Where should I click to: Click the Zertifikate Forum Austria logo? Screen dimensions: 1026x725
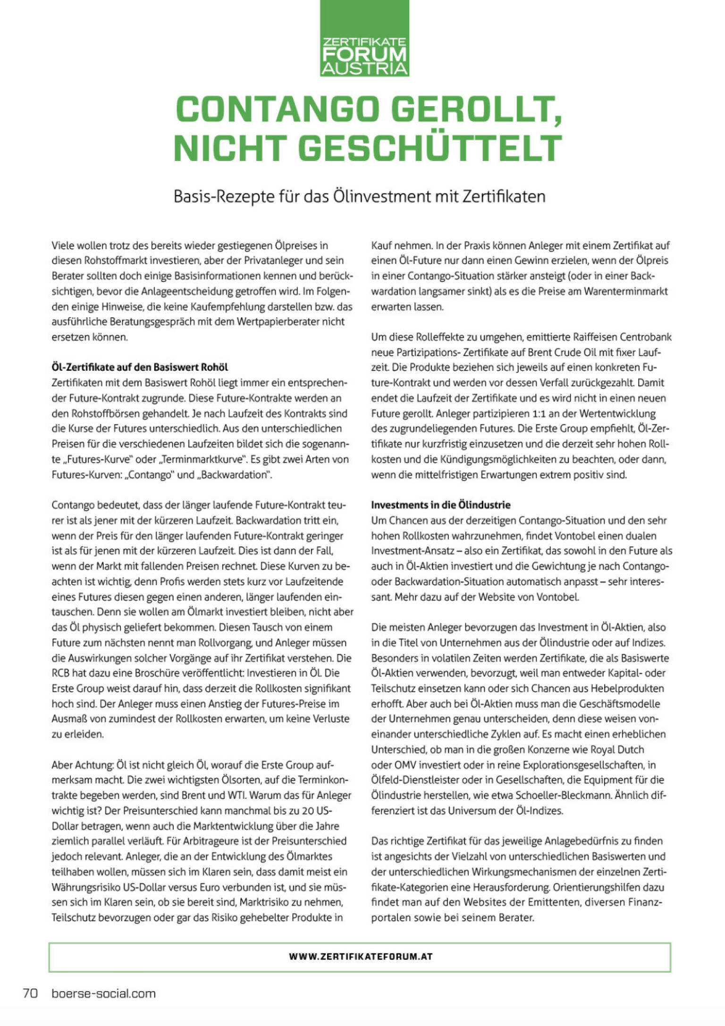coord(364,39)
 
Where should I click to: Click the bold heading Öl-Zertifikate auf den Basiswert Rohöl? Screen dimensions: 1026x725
coord(140,367)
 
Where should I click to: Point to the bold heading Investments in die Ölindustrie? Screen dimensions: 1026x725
coord(440,505)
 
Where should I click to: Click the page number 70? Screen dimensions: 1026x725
coord(30,993)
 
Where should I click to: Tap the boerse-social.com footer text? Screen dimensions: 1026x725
coord(103,993)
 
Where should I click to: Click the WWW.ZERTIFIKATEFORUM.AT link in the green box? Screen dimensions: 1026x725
coord(361,957)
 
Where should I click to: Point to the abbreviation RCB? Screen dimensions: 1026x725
coord(61,673)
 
